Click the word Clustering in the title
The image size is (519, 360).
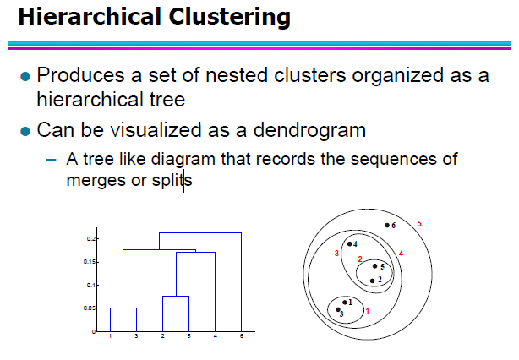point(229,17)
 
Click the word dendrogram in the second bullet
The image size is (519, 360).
point(309,129)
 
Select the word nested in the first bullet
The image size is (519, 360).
point(237,75)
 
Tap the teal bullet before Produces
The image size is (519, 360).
point(25,76)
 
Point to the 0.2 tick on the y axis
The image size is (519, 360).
point(91,238)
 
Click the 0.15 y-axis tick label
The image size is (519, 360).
point(90,262)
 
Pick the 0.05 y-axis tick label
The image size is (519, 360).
point(90,308)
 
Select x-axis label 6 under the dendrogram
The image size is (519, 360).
point(242,335)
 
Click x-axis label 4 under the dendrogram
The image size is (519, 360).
point(216,335)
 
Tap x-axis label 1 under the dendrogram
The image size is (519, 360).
point(110,335)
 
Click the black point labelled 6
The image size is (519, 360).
point(387,226)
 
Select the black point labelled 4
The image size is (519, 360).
point(350,244)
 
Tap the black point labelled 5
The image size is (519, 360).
point(374,266)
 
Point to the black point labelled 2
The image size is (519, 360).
point(372,281)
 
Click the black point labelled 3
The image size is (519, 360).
point(338,309)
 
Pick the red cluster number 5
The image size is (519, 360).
point(419,224)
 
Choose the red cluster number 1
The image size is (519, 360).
point(367,311)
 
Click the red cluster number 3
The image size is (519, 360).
point(336,254)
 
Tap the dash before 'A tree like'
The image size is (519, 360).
point(52,160)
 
